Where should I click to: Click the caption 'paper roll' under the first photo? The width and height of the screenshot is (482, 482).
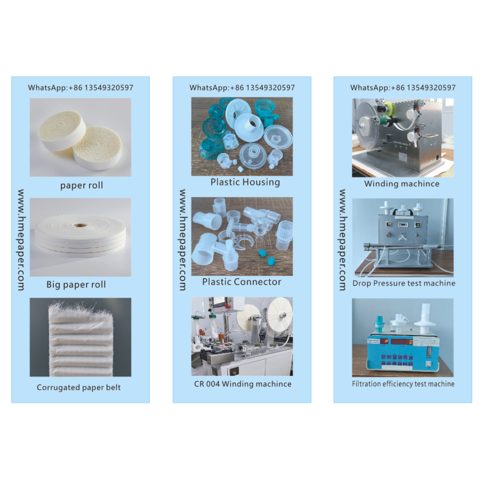coord(81,186)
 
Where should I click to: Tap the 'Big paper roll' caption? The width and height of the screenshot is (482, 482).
coord(76,284)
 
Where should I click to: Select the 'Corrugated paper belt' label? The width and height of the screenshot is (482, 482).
coord(79,387)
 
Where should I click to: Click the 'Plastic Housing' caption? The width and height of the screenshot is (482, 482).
coord(245,182)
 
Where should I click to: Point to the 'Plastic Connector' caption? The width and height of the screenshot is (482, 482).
coord(242,281)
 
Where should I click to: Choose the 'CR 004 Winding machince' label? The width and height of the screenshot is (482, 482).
coord(243,384)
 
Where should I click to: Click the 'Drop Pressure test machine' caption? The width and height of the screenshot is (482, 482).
coord(404,283)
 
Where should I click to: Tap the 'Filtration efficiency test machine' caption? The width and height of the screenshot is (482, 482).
coord(403,384)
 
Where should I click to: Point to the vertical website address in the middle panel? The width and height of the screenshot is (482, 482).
coord(183,240)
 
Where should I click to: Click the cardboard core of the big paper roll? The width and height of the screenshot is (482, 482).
coord(81,225)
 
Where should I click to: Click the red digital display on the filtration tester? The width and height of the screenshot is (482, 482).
coord(402,342)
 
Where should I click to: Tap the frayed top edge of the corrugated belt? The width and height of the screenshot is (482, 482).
coord(81,308)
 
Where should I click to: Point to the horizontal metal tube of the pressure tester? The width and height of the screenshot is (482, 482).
coord(402,246)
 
